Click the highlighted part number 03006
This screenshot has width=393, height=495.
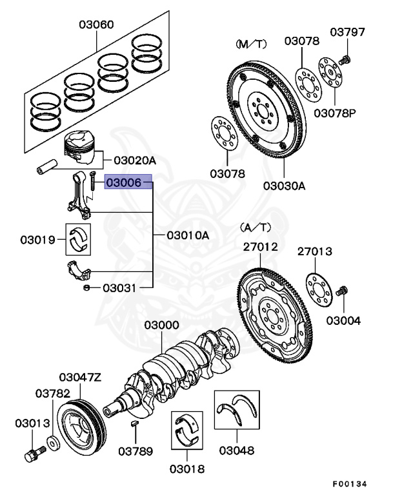(x=128, y=184)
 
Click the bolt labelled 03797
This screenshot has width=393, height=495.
(x=345, y=59)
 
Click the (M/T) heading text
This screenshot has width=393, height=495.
(x=251, y=43)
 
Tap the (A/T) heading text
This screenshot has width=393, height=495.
(x=256, y=228)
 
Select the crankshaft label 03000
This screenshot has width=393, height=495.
(x=161, y=325)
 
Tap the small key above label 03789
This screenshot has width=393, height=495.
(x=134, y=423)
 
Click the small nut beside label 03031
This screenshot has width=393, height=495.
(x=86, y=288)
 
